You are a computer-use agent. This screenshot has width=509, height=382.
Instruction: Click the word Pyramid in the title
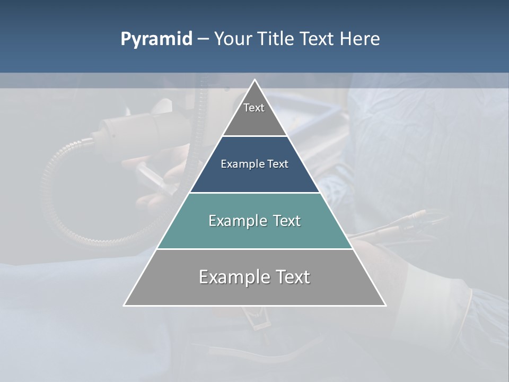point(156,39)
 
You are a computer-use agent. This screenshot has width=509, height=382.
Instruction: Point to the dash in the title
point(203,39)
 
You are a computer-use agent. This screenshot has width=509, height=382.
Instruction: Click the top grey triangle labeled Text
point(254,114)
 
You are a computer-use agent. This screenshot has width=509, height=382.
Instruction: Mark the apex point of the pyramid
point(254,81)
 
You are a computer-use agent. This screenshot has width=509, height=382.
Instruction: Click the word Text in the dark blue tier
point(278,164)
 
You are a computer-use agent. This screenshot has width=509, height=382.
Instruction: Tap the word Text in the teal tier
point(286,221)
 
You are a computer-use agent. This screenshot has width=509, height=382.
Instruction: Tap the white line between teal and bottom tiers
point(254,249)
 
